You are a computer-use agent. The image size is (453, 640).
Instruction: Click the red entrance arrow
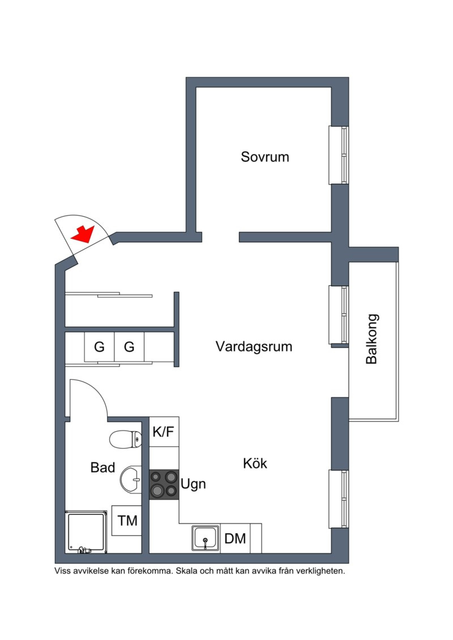point(82,234)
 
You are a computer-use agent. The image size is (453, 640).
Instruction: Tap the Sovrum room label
point(265,157)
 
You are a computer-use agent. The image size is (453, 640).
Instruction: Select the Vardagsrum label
point(254,347)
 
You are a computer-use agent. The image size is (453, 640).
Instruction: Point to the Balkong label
point(371,339)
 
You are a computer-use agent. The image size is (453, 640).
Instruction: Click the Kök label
point(255,463)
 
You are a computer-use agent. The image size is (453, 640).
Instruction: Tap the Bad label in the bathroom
point(102,467)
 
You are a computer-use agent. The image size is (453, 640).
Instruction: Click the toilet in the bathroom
point(125,439)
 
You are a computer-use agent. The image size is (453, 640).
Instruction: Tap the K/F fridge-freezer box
point(164,432)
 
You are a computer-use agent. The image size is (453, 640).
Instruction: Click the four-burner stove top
point(164,484)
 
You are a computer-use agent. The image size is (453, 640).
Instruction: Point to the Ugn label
point(193,484)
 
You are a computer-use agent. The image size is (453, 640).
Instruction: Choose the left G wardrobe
point(99,347)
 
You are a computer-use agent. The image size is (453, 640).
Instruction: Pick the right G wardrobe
point(129,347)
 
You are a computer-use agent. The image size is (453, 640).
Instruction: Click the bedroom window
point(338,155)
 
